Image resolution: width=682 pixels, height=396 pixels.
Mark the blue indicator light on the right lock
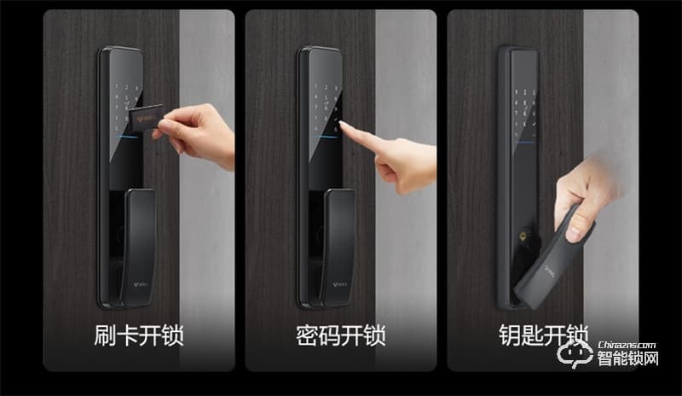coord(526,136)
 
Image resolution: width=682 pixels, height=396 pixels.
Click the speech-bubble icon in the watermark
coord(574,355)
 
